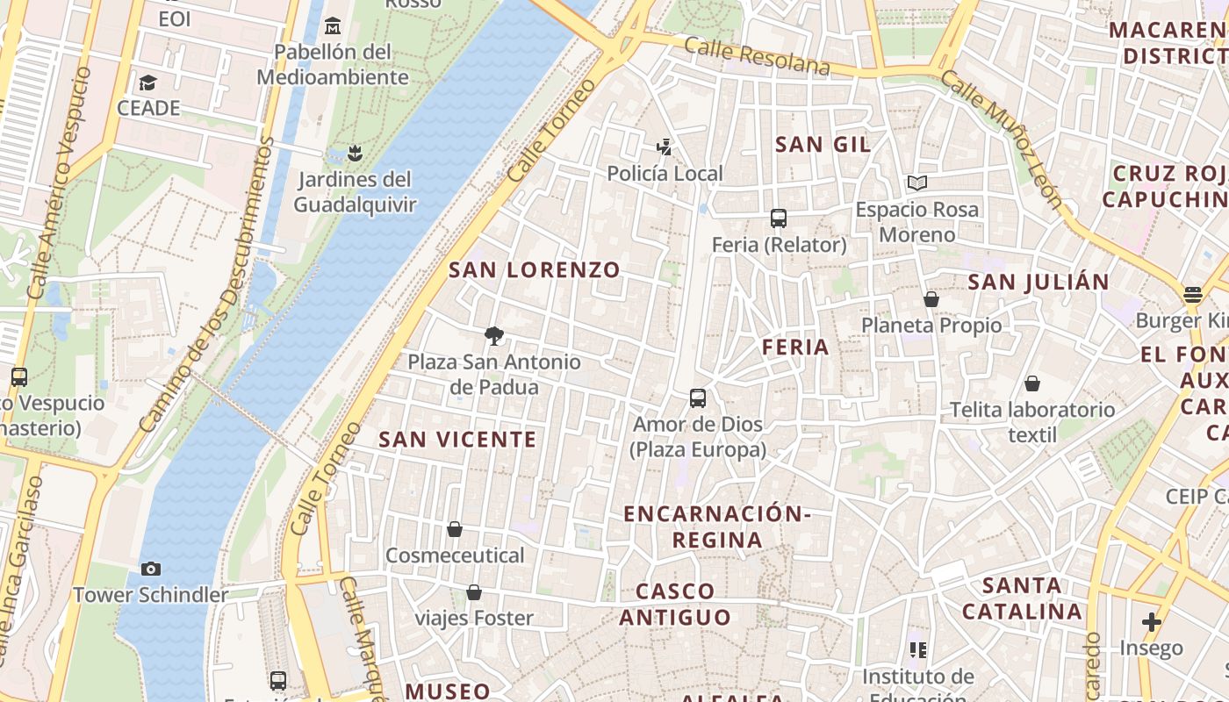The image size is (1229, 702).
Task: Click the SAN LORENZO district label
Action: (535, 270)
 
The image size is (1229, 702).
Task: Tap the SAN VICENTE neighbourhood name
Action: (457, 440)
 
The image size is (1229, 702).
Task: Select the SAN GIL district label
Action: (823, 145)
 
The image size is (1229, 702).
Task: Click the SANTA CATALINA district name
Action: (1022, 598)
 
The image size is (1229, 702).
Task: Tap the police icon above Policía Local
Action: (665, 147)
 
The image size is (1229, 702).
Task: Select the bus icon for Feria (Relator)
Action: (778, 218)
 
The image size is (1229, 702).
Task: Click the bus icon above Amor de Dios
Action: (698, 398)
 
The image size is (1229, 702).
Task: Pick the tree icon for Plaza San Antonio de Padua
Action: (494, 335)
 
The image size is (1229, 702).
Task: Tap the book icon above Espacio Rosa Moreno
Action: (917, 183)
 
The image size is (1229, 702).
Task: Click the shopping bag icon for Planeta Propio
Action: (931, 299)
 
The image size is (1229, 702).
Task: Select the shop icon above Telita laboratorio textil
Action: (1032, 383)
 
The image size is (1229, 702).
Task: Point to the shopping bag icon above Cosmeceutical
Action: (455, 529)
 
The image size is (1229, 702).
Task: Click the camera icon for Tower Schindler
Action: (151, 569)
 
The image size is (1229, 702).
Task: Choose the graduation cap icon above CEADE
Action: (147, 82)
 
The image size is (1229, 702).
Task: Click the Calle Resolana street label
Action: (757, 56)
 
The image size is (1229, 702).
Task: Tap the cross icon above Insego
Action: (1152, 622)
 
